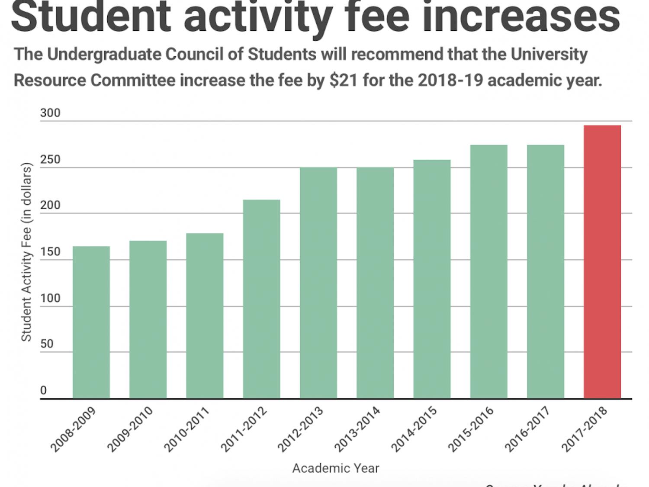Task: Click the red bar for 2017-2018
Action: coord(602,262)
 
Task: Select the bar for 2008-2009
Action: coord(91,322)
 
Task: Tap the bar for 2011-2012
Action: coord(261,299)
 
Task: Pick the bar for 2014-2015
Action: coord(432,279)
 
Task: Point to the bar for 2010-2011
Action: coord(205,316)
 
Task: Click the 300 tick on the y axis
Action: coord(50,113)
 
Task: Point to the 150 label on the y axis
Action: coord(50,252)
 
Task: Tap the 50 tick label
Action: coord(47,344)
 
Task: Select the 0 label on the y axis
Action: coord(43,390)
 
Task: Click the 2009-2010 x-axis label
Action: coord(130,429)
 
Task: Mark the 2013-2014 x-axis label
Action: coord(357,429)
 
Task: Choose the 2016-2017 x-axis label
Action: coord(527,429)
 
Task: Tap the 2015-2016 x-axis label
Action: coord(471,429)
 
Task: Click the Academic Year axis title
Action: coord(336,468)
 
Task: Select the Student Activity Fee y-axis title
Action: coord(27,252)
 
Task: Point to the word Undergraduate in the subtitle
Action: coord(104,55)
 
